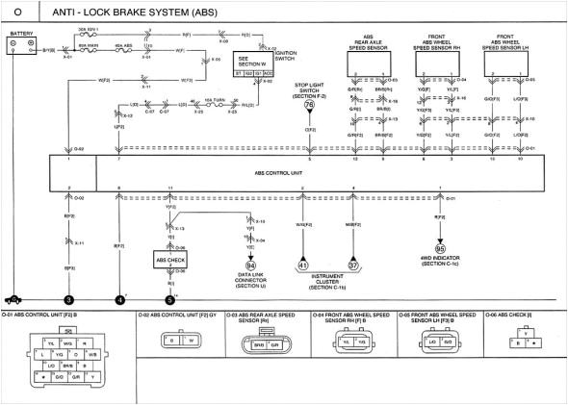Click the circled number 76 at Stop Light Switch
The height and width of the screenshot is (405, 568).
309,106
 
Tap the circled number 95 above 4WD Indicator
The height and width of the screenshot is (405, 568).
440,248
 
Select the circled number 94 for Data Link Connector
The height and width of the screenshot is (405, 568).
250,266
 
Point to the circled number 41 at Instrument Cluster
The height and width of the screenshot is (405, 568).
302,266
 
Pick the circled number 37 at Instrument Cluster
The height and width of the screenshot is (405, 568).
353,266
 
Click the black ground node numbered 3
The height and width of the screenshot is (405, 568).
68,300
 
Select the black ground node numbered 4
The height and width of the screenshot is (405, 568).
119,300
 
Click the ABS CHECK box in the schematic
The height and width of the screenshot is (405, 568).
170,259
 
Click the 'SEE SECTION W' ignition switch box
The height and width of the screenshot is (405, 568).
255,63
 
